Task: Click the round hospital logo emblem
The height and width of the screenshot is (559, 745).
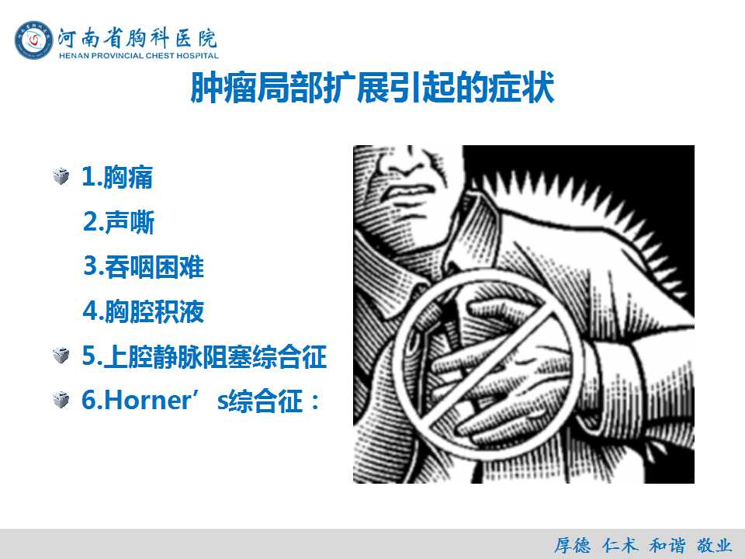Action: pos(33,40)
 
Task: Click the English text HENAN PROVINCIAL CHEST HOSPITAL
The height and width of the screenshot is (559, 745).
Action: pos(139,56)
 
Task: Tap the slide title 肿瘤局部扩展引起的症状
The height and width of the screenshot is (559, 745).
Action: pos(372,88)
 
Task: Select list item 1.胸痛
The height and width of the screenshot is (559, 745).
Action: pos(117,177)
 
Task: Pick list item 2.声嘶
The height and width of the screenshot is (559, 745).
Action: pos(119,221)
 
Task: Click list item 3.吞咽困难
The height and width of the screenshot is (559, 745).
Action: pos(144,266)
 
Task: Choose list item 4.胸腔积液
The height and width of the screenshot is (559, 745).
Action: pos(144,311)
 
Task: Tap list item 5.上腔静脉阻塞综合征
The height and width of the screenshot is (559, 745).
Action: pos(204,356)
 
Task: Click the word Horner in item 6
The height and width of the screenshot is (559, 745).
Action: pos(147,401)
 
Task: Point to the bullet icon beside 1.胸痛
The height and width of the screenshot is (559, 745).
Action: pos(61,177)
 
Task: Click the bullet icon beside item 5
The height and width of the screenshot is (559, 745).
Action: pos(61,356)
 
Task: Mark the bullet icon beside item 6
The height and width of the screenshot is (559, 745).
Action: pos(61,400)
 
